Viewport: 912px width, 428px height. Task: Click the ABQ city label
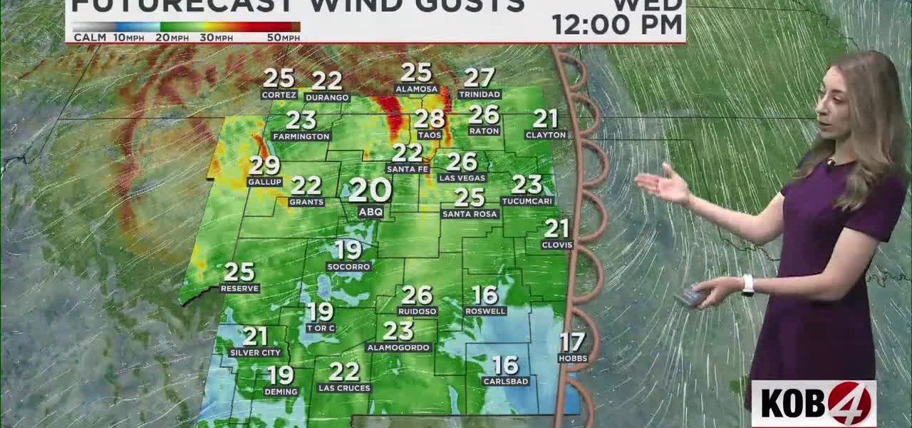370,213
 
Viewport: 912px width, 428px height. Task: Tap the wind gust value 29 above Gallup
264,165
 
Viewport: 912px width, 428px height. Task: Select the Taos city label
430,135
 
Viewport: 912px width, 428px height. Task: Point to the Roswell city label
485,311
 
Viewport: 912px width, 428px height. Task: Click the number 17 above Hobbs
572,342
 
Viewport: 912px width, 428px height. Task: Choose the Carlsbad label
506,381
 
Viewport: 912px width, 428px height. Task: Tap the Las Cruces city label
344,388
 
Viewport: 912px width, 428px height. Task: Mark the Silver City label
256,352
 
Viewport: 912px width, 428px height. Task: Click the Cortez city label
279,95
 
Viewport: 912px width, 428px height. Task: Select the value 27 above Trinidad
480,78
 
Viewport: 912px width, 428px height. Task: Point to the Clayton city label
546,135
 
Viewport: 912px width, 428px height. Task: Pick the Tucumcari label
527,201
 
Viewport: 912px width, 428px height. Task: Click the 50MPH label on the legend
284,38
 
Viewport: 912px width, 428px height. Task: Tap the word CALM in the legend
90,38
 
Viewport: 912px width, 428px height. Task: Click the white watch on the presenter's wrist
747,285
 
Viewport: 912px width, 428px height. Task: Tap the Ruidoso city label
418,311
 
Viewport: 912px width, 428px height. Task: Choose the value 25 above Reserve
239,272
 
